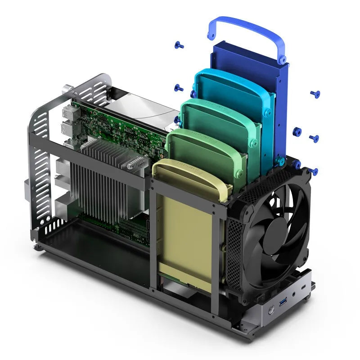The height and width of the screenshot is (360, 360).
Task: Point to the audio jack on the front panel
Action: point(295,294)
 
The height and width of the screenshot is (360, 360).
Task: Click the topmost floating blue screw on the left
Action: point(179,45)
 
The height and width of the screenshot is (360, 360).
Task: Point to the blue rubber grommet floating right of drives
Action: point(297,131)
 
